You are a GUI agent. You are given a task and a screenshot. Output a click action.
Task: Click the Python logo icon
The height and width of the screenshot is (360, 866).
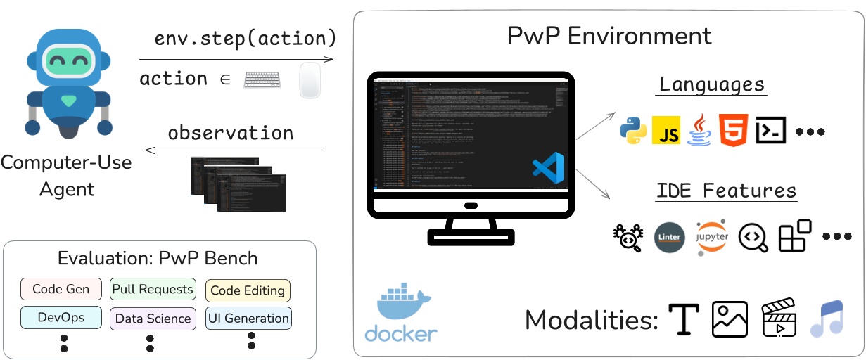633,131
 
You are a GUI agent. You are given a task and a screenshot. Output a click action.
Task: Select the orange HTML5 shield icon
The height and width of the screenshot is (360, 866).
732,131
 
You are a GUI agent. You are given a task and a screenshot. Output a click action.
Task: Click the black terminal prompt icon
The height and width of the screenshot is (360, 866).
770,131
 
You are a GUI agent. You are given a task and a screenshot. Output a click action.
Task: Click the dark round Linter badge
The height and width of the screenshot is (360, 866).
668,238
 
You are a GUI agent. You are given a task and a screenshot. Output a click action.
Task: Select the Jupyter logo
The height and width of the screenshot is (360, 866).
712,237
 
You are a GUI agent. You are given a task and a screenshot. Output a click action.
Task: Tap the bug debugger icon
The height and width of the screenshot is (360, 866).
628,238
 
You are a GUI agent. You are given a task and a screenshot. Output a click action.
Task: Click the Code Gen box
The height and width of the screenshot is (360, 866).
61,289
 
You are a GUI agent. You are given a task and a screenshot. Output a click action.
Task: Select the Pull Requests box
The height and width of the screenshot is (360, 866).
152,289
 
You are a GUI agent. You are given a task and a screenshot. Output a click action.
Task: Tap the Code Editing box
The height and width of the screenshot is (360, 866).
248,290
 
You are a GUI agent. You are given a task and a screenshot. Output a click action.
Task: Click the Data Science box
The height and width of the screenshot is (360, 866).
153,319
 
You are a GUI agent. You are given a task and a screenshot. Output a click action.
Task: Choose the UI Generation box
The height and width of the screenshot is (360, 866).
248,319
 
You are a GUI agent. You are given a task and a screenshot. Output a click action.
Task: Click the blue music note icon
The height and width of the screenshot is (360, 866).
826,319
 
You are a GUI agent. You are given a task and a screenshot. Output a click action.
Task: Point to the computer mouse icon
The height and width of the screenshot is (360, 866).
310,81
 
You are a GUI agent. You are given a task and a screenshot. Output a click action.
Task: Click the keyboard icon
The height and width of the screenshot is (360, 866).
262,80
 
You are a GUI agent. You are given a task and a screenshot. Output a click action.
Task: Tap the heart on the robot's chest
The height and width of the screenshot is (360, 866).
68,101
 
